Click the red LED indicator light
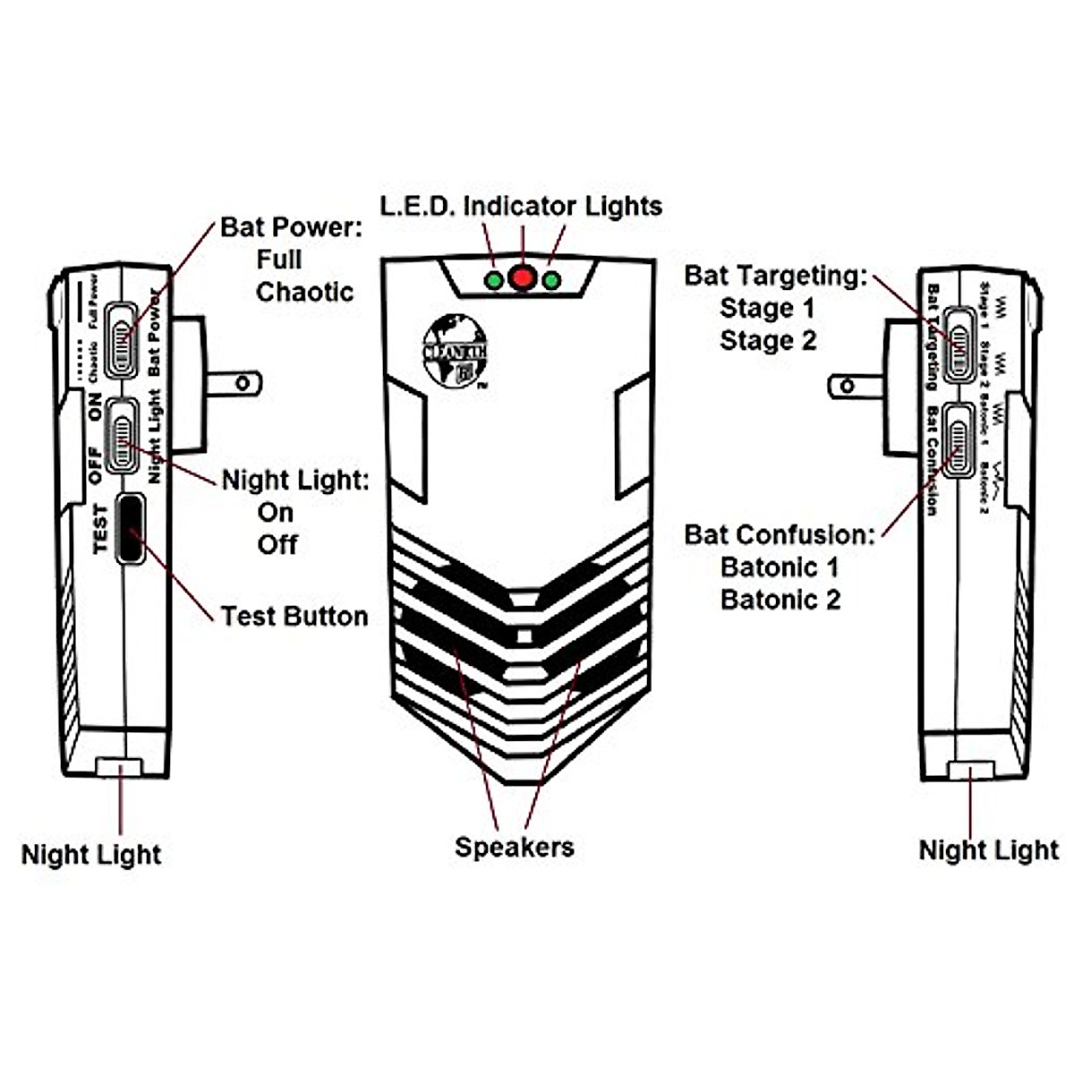click(x=522, y=277)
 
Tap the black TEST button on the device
click(x=131, y=529)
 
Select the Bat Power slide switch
click(x=122, y=340)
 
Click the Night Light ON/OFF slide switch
click(x=122, y=436)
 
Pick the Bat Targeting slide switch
click(x=959, y=345)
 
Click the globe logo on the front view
click(x=454, y=352)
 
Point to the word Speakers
click(x=515, y=847)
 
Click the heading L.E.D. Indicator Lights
click(x=521, y=206)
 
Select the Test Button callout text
click(x=294, y=616)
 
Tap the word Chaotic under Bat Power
click(x=304, y=292)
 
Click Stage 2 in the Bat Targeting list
click(x=768, y=341)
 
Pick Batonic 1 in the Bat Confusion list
click(x=780, y=567)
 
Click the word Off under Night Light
click(x=277, y=544)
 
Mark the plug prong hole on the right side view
click(x=848, y=387)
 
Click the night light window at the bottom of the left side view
click(x=118, y=767)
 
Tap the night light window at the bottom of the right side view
click(x=971, y=771)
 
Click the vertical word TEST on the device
click(x=100, y=529)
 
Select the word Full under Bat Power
click(x=278, y=260)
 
